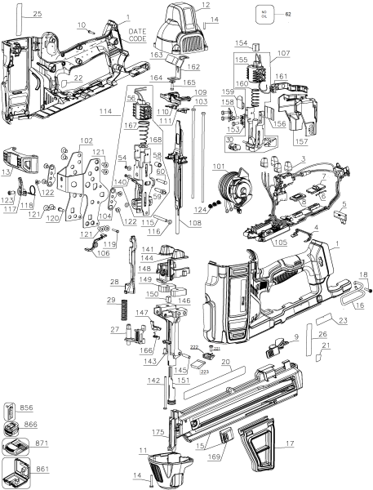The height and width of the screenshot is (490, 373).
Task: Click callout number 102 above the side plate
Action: (87, 140)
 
